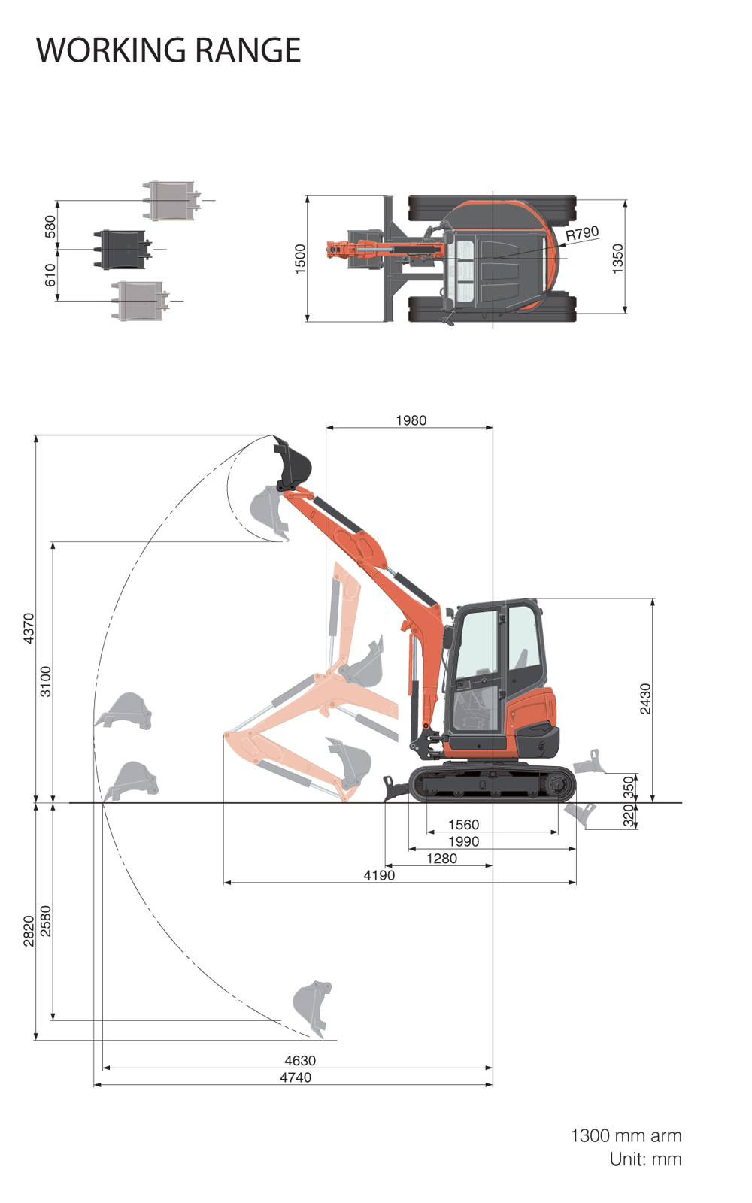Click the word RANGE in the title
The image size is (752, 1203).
(247, 50)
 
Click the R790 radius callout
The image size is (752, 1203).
(582, 234)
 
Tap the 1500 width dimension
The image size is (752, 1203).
(300, 259)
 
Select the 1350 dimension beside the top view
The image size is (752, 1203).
(617, 259)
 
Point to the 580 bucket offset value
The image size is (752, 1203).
(50, 226)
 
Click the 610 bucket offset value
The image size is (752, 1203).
(50, 275)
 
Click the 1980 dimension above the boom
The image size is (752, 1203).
(411, 420)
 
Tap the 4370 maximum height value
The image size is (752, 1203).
(29, 628)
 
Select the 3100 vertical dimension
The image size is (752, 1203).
(46, 681)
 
